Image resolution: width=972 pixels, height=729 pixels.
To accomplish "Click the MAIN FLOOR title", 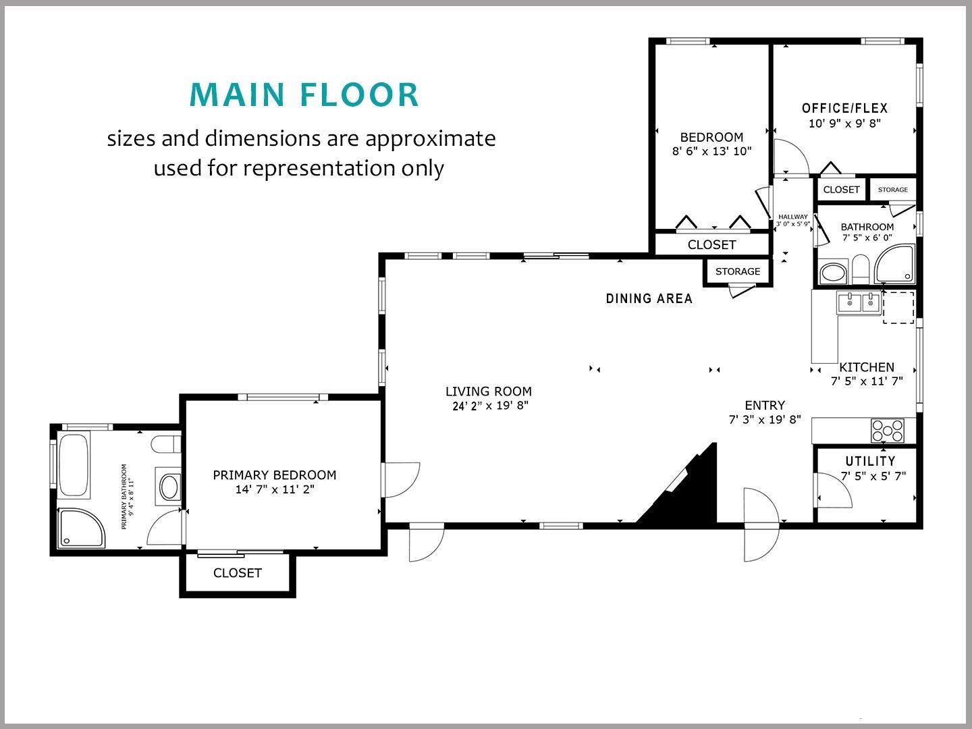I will point(304,94).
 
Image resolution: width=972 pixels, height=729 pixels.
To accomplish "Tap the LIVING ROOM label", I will point(488,391).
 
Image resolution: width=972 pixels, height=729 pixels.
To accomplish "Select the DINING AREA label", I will point(649,298).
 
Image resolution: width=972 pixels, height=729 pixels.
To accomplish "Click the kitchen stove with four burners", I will point(887,430).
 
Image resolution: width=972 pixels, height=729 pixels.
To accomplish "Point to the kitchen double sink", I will point(859,303).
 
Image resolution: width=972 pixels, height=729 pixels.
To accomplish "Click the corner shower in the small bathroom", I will point(895,265).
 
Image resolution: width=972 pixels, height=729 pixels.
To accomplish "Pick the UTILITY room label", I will point(870,461).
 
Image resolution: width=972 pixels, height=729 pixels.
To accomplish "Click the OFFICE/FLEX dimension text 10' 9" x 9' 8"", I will point(844,124).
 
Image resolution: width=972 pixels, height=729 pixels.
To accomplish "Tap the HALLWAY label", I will point(792,217).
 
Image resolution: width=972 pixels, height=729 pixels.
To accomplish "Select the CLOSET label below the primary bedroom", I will point(237,573).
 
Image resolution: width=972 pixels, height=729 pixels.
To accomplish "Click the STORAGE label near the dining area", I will point(737,271).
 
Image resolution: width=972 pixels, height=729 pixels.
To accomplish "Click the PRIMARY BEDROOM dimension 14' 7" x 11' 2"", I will point(274,489).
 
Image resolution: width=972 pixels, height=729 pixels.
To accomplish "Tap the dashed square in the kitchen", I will point(898,307).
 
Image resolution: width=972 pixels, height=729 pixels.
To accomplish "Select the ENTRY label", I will point(764,405).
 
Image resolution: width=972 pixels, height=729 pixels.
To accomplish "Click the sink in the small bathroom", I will point(833,273).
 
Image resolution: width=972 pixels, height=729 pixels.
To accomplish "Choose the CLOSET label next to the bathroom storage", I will point(841,190).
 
